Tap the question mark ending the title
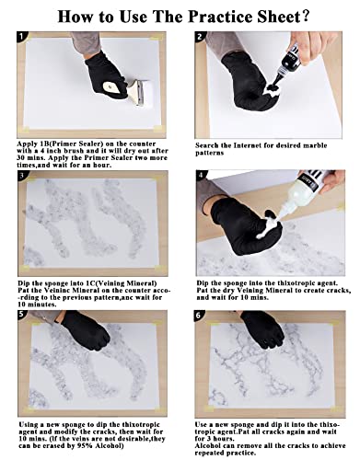tap(305, 16)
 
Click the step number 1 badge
tap(21, 37)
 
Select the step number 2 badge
tap(200, 37)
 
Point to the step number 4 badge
tap(201, 176)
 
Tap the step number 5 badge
tap(21, 315)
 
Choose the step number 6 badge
tap(199, 316)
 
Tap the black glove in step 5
tap(86, 330)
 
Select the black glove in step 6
tap(263, 329)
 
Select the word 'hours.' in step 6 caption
tap(217, 439)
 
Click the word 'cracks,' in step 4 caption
tap(338, 290)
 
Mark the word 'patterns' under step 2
tap(209, 153)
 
